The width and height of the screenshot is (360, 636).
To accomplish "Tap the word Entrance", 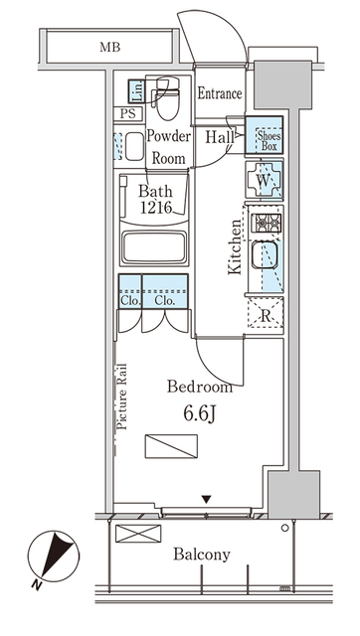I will tap(219, 94).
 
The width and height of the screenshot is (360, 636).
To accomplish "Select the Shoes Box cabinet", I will tap(266, 135).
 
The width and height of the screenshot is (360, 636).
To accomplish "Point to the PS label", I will tap(128, 114).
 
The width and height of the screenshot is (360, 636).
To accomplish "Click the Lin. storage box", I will tap(137, 91).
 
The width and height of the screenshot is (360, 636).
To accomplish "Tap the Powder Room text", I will tap(168, 145).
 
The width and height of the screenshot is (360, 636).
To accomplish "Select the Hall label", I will tap(220, 137).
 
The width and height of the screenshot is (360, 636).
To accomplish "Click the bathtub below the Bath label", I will tap(155, 248).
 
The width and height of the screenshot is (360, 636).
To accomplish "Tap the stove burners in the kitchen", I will tap(265, 224).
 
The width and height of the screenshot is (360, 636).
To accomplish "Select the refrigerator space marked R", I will tap(265, 316).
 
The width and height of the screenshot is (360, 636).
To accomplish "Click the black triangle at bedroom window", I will tap(206, 499).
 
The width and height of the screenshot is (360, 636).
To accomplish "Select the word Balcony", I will tap(202, 555).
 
